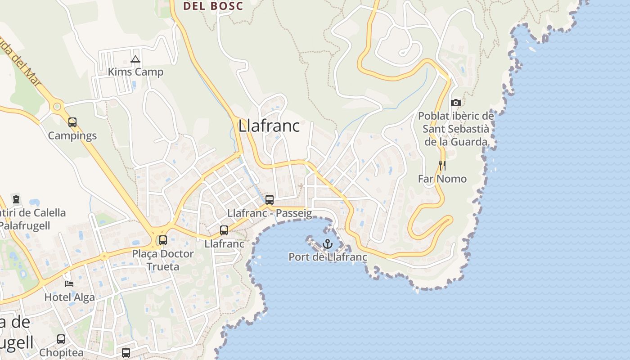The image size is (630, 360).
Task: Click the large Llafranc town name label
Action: (269, 126)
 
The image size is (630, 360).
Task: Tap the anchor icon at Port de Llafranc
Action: (328, 244)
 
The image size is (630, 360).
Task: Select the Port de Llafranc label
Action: (328, 257)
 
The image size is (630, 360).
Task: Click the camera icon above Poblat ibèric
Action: (456, 103)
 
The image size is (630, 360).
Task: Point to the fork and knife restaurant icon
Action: (442, 166)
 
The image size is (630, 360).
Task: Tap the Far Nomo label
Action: (442, 179)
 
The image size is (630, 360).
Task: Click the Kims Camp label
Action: (135, 72)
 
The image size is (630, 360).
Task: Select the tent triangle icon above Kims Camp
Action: (135, 59)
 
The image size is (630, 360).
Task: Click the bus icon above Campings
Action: (72, 122)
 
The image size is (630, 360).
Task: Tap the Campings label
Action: (72, 135)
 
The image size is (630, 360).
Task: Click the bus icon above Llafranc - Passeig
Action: (270, 199)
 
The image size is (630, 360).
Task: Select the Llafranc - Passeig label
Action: (270, 213)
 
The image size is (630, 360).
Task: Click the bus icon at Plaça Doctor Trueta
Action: (163, 240)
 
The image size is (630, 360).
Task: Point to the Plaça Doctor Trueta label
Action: (163, 260)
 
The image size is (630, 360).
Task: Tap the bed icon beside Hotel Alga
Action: (69, 283)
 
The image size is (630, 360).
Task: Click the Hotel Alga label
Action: (69, 297)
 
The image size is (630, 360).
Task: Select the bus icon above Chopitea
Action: (61, 339)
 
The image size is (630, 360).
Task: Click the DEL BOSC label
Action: (213, 6)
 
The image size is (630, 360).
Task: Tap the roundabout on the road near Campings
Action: (57, 107)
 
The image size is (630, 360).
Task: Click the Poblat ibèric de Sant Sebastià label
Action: (456, 129)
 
